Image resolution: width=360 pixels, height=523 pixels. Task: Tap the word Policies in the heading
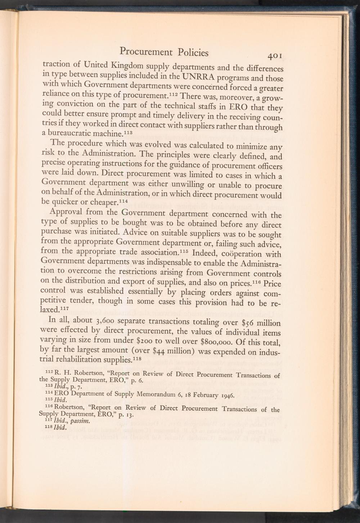193,53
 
